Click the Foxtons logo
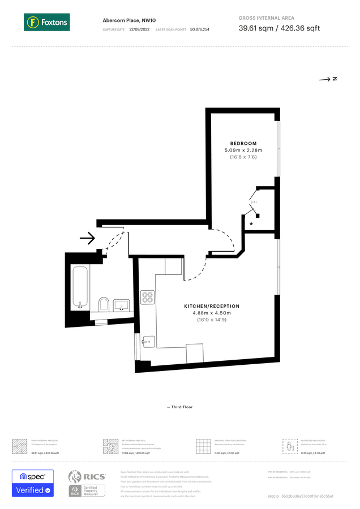click(x=46, y=23)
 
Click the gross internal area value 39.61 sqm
click(x=255, y=28)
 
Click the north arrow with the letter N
click(x=328, y=79)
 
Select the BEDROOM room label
click(x=243, y=143)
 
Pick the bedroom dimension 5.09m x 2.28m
click(x=243, y=150)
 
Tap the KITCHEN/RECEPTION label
click(x=212, y=306)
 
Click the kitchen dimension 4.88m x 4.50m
click(x=212, y=313)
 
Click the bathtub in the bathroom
click(x=79, y=286)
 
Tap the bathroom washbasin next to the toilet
click(x=122, y=305)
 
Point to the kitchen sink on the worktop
click(x=148, y=341)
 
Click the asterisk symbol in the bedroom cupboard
click(x=251, y=225)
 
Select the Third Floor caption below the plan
click(x=180, y=407)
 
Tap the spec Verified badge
click(x=33, y=483)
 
